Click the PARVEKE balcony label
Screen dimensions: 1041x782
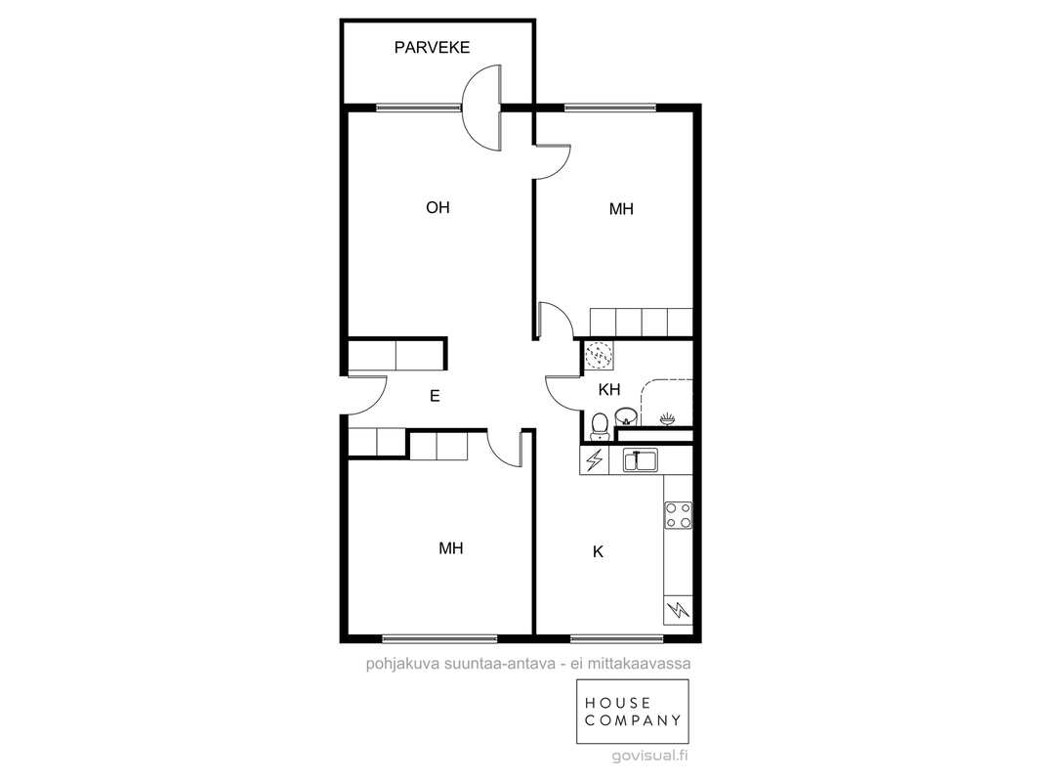(x=432, y=47)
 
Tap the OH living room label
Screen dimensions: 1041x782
(x=437, y=208)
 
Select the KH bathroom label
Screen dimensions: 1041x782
(x=608, y=389)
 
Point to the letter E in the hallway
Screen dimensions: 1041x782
(x=435, y=397)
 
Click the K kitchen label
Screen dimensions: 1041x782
(x=599, y=552)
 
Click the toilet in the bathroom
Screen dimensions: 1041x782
(x=600, y=426)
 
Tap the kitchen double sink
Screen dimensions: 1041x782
(x=640, y=459)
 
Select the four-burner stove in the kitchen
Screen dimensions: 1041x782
(x=679, y=515)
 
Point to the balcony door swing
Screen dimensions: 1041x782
(x=482, y=108)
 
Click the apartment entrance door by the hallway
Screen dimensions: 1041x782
(x=366, y=395)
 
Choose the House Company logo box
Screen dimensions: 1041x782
(x=632, y=711)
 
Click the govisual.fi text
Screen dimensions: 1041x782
(x=650, y=756)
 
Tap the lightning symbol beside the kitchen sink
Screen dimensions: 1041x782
(x=594, y=459)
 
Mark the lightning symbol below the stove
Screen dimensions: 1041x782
(x=679, y=609)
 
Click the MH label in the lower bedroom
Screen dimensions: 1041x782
(x=451, y=548)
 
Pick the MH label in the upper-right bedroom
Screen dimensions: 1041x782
(x=621, y=209)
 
